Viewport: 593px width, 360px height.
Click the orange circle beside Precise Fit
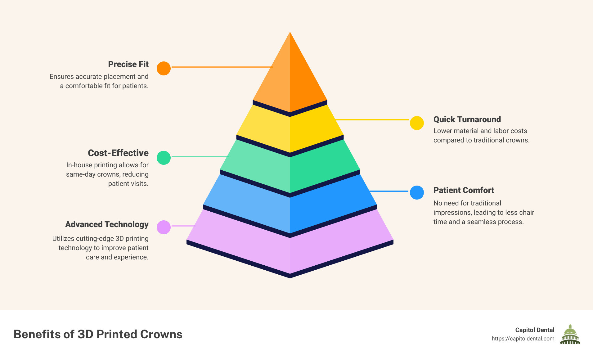tap(164, 68)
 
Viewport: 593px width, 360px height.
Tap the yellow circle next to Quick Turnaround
tap(417, 123)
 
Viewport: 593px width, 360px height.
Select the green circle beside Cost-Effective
tap(164, 158)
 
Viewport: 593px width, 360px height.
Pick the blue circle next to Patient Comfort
tap(417, 192)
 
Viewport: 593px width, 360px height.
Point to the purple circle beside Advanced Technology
tap(164, 227)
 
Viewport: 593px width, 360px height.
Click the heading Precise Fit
tap(128, 64)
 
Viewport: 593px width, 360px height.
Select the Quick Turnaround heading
tap(467, 119)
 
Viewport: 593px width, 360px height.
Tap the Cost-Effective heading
tap(118, 153)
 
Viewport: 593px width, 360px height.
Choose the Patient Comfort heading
tap(464, 190)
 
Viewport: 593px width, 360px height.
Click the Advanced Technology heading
tap(107, 224)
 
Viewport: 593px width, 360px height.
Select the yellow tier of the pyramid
tap(290, 130)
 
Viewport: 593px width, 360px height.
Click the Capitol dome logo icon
tap(570, 335)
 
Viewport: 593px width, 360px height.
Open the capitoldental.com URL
tap(523, 339)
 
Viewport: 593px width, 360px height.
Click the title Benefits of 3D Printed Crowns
tap(98, 334)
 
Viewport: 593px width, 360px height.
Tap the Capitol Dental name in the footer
tap(535, 330)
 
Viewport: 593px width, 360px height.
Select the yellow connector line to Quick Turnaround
tap(372, 119)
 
